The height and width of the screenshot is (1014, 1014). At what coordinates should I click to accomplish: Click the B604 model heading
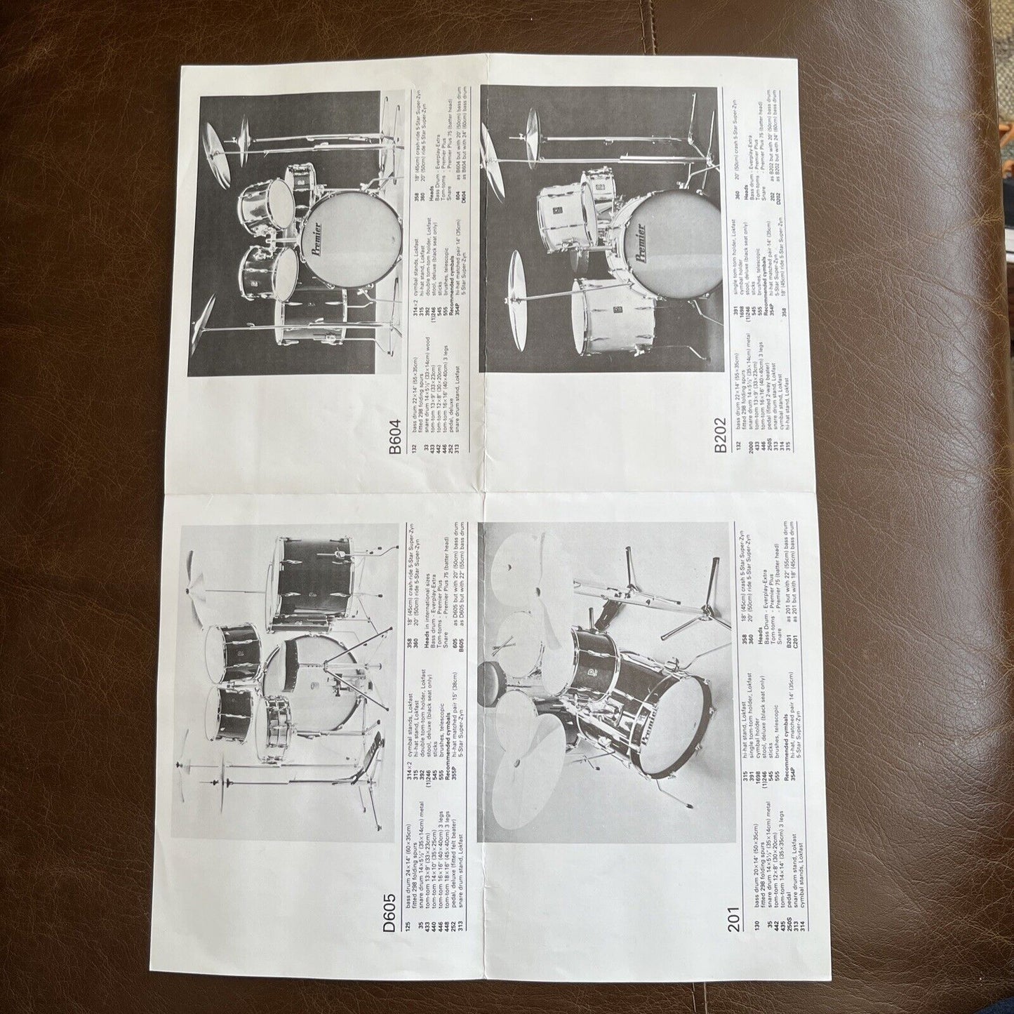395,439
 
